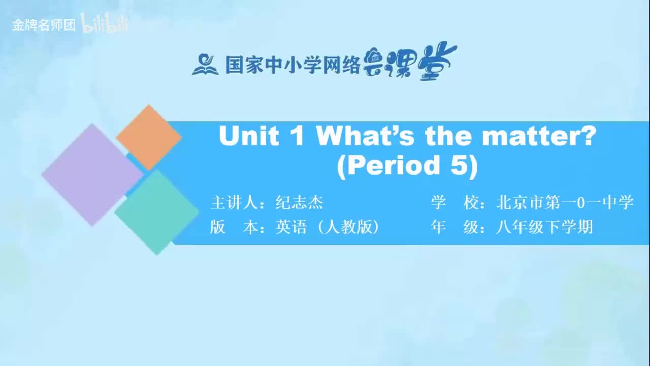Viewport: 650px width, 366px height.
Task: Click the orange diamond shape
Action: [149, 137]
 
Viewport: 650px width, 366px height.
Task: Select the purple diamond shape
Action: [92, 174]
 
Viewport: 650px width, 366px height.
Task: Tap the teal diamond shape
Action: [156, 212]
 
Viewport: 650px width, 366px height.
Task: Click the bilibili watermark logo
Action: [105, 24]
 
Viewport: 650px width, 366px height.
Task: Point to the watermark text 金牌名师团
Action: [44, 25]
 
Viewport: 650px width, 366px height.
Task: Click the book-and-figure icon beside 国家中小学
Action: [205, 65]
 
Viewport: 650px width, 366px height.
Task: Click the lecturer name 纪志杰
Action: [299, 203]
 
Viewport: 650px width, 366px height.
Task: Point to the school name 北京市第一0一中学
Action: [565, 203]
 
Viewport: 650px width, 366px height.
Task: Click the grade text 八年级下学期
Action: [544, 227]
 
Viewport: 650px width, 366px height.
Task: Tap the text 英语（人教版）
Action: [328, 227]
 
